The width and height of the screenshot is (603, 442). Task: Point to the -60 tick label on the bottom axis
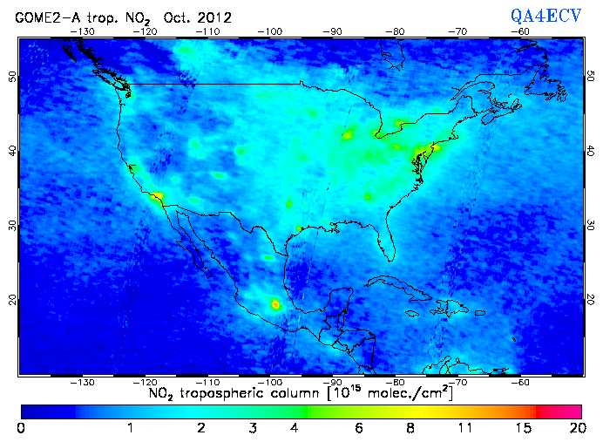(520, 382)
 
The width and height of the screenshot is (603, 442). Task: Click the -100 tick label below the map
(271, 382)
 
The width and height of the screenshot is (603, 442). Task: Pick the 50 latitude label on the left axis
(11, 76)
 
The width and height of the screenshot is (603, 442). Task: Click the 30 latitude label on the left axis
(11, 224)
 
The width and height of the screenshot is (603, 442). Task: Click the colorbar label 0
(22, 427)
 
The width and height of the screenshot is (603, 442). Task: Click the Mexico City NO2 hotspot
(276, 304)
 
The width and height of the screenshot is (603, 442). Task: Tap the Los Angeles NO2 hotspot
(157, 196)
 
